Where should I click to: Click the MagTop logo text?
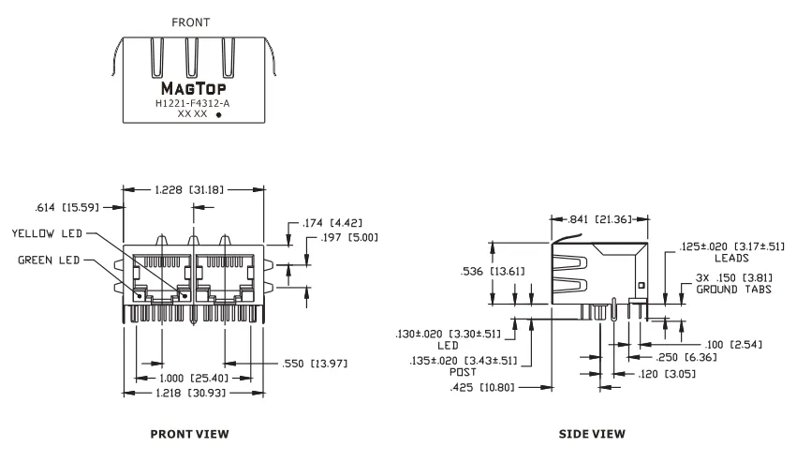(194, 88)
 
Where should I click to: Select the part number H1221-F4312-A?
(192, 103)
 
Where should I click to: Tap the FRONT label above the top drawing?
(191, 22)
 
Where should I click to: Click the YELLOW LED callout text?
(47, 233)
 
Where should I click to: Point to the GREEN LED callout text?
(49, 260)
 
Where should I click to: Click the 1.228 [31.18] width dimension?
(189, 190)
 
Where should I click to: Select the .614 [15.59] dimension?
(66, 207)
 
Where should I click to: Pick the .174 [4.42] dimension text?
(332, 223)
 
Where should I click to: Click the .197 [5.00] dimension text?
(349, 237)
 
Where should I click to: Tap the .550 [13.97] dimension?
(315, 364)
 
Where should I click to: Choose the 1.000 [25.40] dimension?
(194, 379)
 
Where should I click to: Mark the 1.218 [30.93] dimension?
(191, 394)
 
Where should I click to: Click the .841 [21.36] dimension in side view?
(600, 219)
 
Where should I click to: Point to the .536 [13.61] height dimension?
(493, 271)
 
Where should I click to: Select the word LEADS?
(731, 258)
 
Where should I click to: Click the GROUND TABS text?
(733, 290)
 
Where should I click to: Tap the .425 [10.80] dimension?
(482, 387)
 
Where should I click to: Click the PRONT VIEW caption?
(190, 434)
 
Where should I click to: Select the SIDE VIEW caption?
(592, 434)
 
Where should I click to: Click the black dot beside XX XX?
(219, 115)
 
